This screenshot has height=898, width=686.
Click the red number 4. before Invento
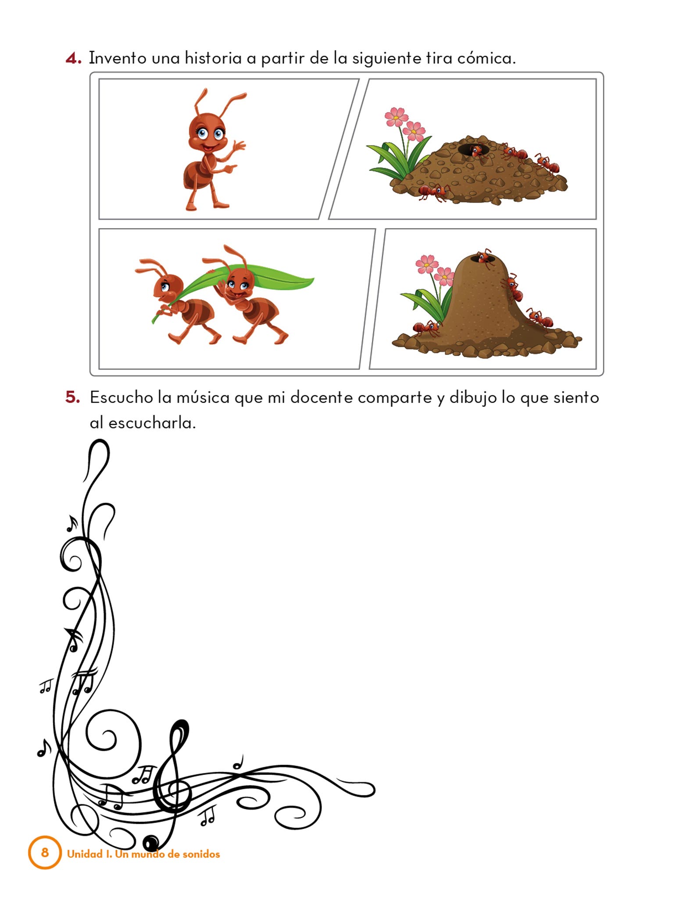click(x=73, y=59)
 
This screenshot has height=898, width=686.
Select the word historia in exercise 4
click(x=213, y=58)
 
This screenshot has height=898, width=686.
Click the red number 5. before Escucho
click(x=73, y=398)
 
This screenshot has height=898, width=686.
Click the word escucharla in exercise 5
click(x=151, y=423)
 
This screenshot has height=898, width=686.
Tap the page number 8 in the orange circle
click(x=45, y=852)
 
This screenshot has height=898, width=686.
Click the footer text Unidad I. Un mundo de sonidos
click(x=143, y=854)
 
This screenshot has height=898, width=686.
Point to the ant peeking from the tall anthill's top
click(x=485, y=257)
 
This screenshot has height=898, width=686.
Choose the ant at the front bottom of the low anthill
click(x=434, y=192)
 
